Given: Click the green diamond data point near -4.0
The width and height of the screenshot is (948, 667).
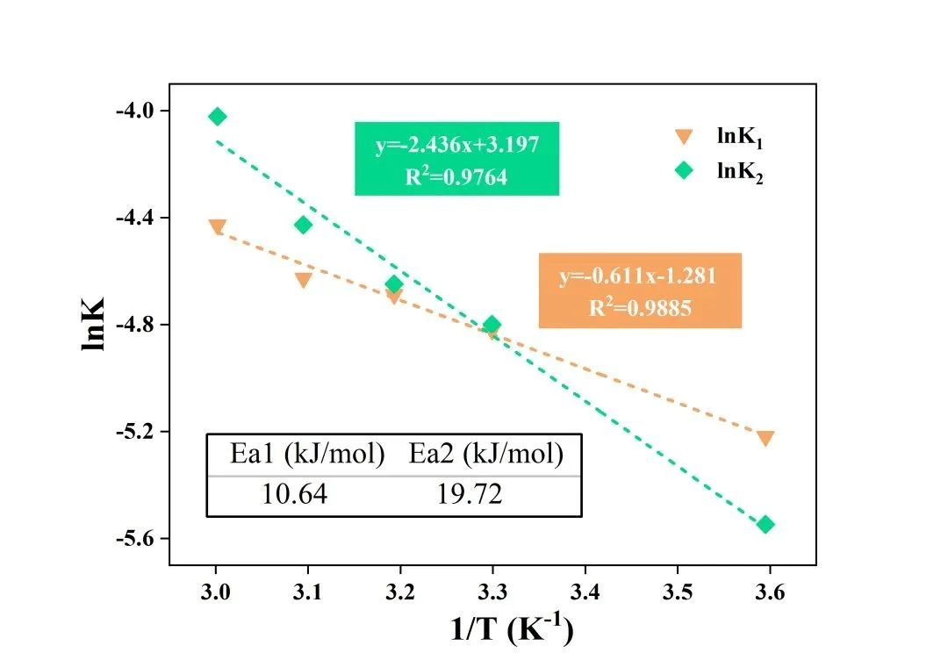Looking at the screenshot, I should click(x=218, y=117).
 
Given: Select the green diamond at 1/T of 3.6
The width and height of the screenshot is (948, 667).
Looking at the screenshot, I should click(x=765, y=525).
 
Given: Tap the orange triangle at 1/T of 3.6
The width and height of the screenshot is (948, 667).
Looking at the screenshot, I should click(x=765, y=438).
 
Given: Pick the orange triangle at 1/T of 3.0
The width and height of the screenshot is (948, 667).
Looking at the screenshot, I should click(x=218, y=226).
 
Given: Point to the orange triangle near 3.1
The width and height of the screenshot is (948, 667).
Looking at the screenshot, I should click(x=303, y=280).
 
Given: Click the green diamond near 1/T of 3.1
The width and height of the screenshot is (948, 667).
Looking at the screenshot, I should click(x=303, y=226).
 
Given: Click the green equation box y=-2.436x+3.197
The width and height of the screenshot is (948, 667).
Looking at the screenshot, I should click(x=456, y=159).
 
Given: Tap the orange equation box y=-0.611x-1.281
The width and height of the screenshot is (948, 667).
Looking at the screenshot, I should click(x=639, y=290).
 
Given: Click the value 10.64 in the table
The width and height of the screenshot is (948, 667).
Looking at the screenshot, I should click(x=294, y=495).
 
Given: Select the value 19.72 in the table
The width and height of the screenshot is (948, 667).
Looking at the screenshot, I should click(x=470, y=495).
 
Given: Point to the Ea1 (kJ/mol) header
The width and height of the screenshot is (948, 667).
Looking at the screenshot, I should click(x=307, y=455).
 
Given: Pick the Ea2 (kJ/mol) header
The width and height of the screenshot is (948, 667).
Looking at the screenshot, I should click(x=485, y=455).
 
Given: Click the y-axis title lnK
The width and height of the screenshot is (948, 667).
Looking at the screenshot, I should click(x=94, y=325).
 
